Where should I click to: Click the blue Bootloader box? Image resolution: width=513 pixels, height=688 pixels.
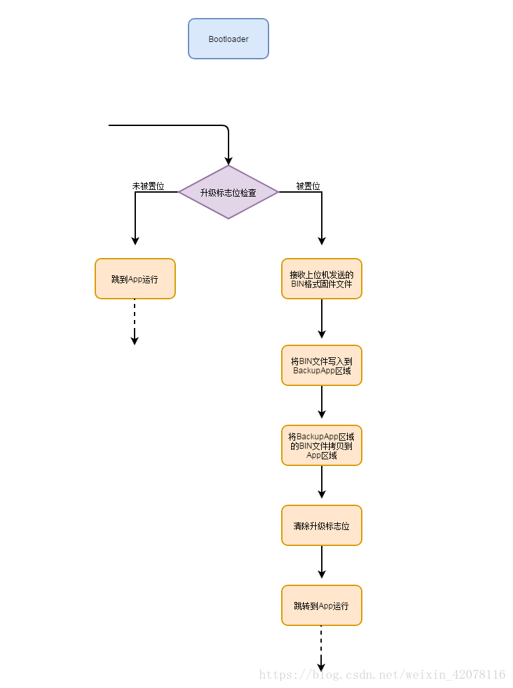[x=229, y=39]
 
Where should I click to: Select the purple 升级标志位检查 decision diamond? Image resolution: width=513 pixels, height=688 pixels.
[x=229, y=192]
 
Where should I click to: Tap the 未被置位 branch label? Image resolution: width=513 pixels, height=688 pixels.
[x=148, y=187]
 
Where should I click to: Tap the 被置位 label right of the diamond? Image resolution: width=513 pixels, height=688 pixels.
[x=308, y=187]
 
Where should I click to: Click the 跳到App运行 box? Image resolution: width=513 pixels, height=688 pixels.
[x=135, y=279]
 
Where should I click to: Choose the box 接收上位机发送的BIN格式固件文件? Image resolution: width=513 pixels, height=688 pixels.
[x=322, y=279]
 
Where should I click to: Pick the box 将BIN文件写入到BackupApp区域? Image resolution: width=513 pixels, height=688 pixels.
[x=322, y=365]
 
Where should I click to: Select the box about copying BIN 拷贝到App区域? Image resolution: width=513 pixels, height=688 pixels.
[x=322, y=445]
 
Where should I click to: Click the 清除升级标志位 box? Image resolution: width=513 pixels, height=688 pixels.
[x=322, y=525]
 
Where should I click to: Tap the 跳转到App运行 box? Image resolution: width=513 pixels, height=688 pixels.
[x=322, y=605]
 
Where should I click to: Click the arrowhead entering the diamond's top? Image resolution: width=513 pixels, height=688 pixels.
[x=229, y=161]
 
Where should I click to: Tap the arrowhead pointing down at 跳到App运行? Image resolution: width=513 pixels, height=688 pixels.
[x=135, y=241]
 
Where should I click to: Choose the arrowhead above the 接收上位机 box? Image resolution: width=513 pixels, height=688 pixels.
[x=322, y=241]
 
